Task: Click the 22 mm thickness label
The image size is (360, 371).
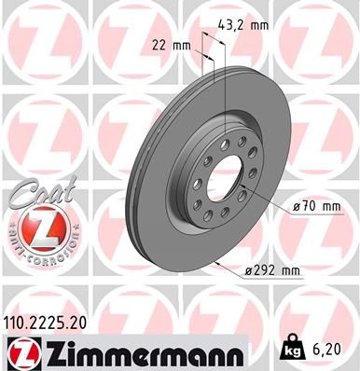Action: click(x=171, y=44)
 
